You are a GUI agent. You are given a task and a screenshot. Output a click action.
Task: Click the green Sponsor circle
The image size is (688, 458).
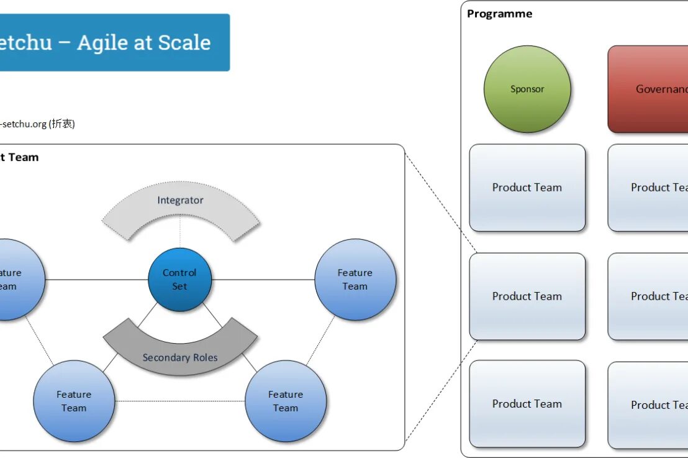[527, 89]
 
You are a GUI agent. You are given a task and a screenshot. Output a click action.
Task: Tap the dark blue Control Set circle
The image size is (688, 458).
[179, 280]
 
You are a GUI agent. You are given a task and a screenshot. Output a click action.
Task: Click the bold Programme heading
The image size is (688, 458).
[499, 14]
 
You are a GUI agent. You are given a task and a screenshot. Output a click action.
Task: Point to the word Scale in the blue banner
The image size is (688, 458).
[184, 42]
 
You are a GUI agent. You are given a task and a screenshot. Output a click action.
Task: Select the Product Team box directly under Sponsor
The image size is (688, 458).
[527, 188]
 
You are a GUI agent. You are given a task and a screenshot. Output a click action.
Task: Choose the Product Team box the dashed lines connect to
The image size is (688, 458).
[527, 296]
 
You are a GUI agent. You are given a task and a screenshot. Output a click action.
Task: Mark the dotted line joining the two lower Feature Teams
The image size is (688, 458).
[180, 401]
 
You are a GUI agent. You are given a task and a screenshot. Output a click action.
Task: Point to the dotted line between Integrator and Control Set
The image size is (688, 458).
[180, 236]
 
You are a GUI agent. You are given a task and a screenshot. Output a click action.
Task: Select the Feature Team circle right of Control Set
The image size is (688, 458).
[355, 280]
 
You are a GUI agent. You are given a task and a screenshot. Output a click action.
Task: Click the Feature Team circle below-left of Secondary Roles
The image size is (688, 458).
[74, 401]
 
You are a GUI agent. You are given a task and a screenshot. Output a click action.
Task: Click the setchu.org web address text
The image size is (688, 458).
[23, 124]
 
